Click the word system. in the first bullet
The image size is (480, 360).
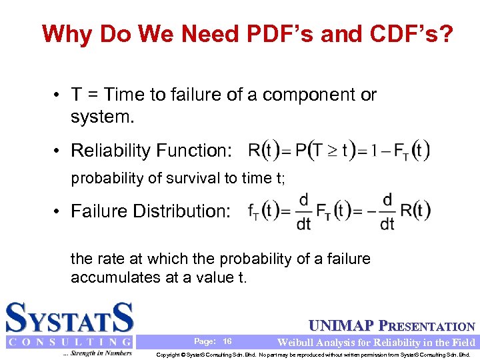(102, 118)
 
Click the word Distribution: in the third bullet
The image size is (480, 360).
(181, 211)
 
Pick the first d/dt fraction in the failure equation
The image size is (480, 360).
(304, 212)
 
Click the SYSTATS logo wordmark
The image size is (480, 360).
(70, 319)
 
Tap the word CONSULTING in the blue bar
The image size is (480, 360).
(70, 342)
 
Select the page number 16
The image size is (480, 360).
(227, 341)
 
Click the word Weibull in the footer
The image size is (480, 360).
(297, 342)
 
